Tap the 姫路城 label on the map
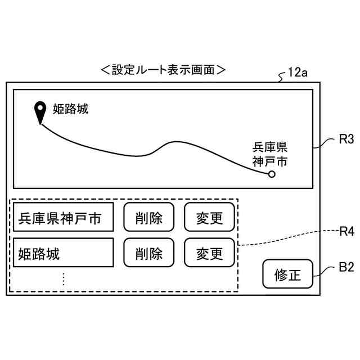pyautogui.click(x=71, y=109)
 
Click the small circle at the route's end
pyautogui.click(x=272, y=174)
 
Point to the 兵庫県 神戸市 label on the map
pyautogui.click(x=269, y=155)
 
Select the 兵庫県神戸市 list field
pyautogui.click(x=64, y=218)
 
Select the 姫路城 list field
pyautogui.click(x=64, y=253)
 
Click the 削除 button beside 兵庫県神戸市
pyautogui.click(x=149, y=218)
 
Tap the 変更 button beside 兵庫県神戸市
pyautogui.click(x=210, y=218)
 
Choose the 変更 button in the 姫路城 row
pyautogui.click(x=210, y=253)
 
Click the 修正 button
pyautogui.click(x=288, y=275)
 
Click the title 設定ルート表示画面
pyautogui.click(x=163, y=70)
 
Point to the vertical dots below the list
pyautogui.click(x=64, y=278)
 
